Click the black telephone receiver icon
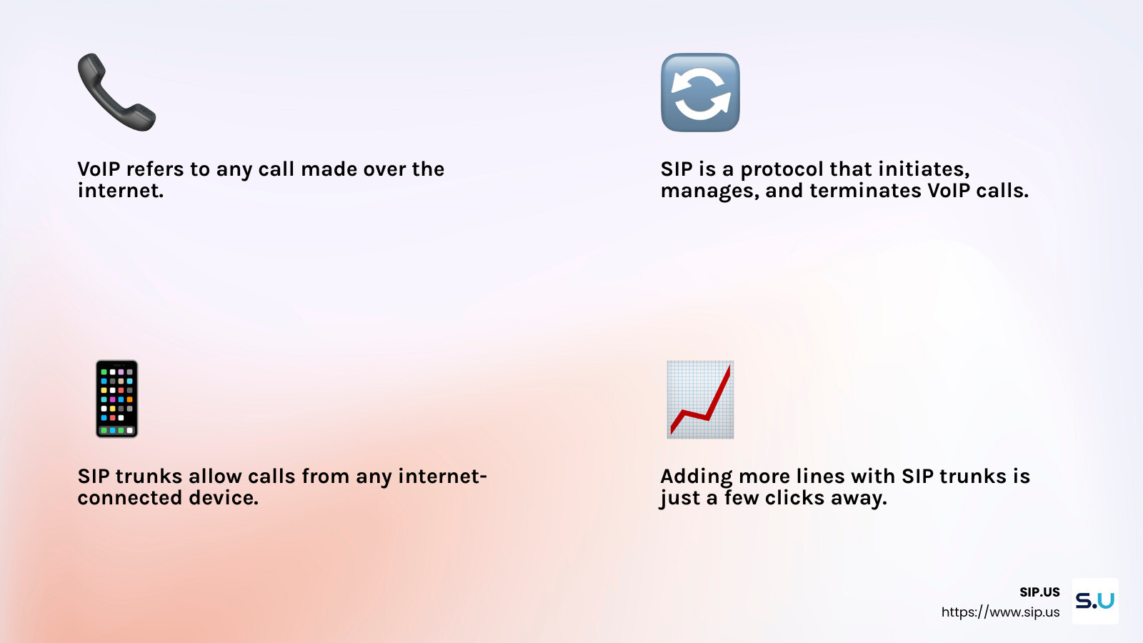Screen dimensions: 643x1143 [116, 92]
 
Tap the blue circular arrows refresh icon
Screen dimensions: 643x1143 [700, 92]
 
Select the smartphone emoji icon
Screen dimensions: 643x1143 [116, 399]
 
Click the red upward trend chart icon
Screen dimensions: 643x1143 [700, 399]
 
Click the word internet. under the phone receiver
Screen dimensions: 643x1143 [121, 191]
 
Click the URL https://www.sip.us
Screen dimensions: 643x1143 [1000, 612]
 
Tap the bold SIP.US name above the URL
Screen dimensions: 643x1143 [1039, 592]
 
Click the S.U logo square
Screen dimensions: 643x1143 [1095, 601]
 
